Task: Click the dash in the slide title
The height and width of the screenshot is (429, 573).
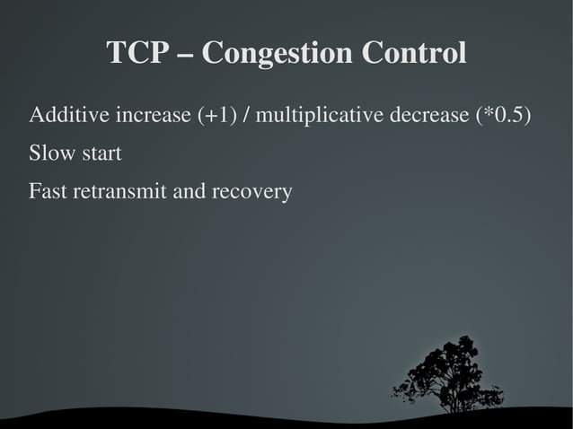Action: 185,55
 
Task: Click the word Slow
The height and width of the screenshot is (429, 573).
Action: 50,153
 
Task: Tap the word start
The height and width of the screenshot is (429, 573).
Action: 100,154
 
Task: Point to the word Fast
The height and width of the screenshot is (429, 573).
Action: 48,191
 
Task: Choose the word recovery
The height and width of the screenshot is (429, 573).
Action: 256,192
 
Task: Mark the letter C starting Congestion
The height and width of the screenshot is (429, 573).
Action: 214,53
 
